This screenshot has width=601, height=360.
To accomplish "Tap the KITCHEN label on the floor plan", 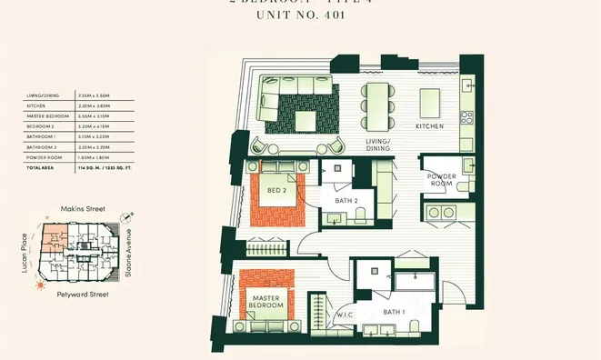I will tap(429, 126).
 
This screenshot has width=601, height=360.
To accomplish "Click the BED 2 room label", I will tap(277, 190).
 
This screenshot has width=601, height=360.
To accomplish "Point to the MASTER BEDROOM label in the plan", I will tap(266, 301).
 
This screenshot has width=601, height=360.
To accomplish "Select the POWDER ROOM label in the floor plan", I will tap(442, 182).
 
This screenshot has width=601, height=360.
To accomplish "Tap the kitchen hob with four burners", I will tap(466, 117).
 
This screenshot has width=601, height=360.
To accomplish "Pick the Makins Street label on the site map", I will tap(83, 209).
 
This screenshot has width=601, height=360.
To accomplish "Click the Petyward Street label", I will tap(83, 295).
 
